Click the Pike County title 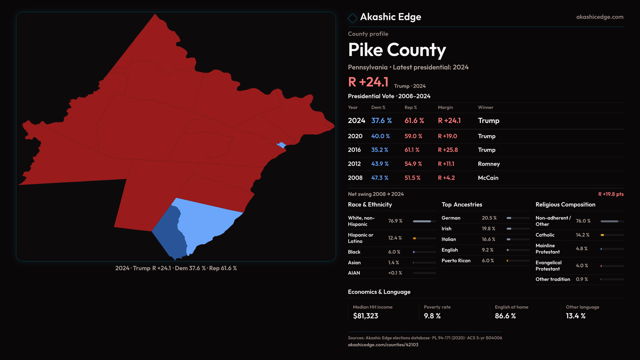tap(397, 50)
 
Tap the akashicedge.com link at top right tap(599, 17)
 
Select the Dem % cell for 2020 tap(380, 136)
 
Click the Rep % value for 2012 tap(413, 164)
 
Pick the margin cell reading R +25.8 tap(448, 150)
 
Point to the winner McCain tap(488, 178)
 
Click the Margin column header tap(445, 107)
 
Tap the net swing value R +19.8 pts tap(611, 194)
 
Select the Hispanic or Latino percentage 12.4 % tap(395, 238)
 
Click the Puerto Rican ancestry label tap(456, 261)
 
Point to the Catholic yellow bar tap(602, 235)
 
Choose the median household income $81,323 tap(365, 316)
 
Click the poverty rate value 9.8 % tap(432, 316)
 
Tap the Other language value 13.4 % tap(576, 316)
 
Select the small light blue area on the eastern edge tap(282, 145)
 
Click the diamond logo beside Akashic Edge tap(352, 18)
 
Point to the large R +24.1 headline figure tap(368, 82)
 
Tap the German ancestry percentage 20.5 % tap(489, 218)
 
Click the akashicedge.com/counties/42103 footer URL tap(383, 345)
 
